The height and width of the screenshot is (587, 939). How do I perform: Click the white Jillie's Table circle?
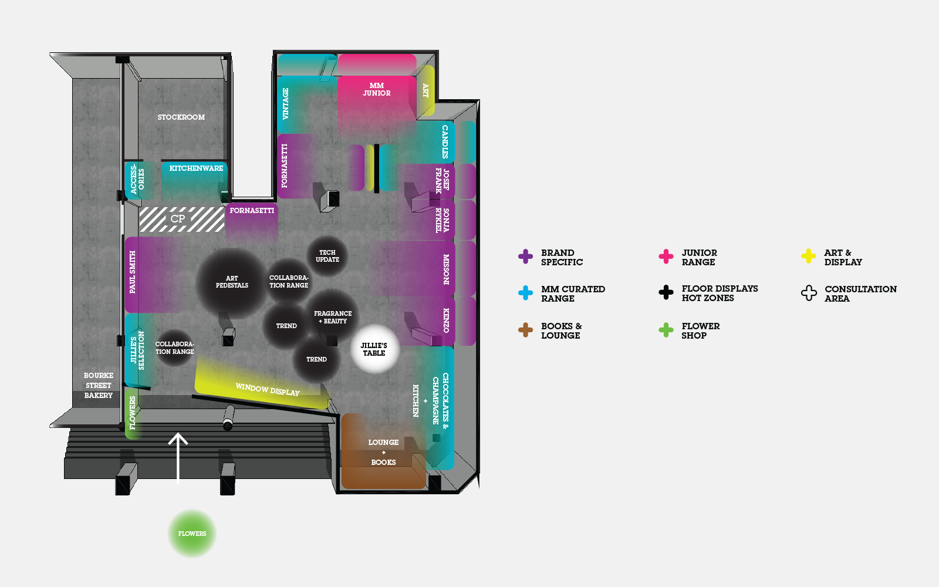click(x=374, y=349)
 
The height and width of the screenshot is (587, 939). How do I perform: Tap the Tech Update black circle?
click(x=327, y=256)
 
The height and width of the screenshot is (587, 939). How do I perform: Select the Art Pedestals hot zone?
click(x=232, y=282)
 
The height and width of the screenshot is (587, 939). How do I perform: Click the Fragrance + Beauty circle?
click(x=333, y=317)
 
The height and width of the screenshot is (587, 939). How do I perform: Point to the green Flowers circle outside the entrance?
click(x=192, y=534)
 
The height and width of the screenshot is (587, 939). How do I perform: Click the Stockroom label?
click(x=181, y=117)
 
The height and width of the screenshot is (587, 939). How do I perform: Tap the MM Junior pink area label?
click(x=376, y=89)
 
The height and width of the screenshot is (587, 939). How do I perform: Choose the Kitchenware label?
click(x=196, y=168)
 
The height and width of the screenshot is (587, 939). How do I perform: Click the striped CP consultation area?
click(x=181, y=219)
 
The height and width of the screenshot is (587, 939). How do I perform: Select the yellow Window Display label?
click(x=267, y=389)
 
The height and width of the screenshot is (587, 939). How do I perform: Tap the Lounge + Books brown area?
click(x=383, y=452)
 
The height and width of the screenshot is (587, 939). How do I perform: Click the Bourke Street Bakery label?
click(x=98, y=385)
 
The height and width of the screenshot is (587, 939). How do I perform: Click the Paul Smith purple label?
click(x=133, y=272)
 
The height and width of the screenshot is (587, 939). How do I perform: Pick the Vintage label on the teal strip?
click(x=286, y=103)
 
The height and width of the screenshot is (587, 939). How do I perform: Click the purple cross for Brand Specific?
click(x=525, y=257)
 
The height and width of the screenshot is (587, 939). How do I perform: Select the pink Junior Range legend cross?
click(x=666, y=257)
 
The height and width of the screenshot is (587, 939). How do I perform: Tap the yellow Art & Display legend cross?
click(x=808, y=256)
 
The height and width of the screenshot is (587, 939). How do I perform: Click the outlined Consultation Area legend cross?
click(x=809, y=293)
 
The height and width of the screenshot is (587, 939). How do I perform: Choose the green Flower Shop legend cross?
click(x=666, y=330)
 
